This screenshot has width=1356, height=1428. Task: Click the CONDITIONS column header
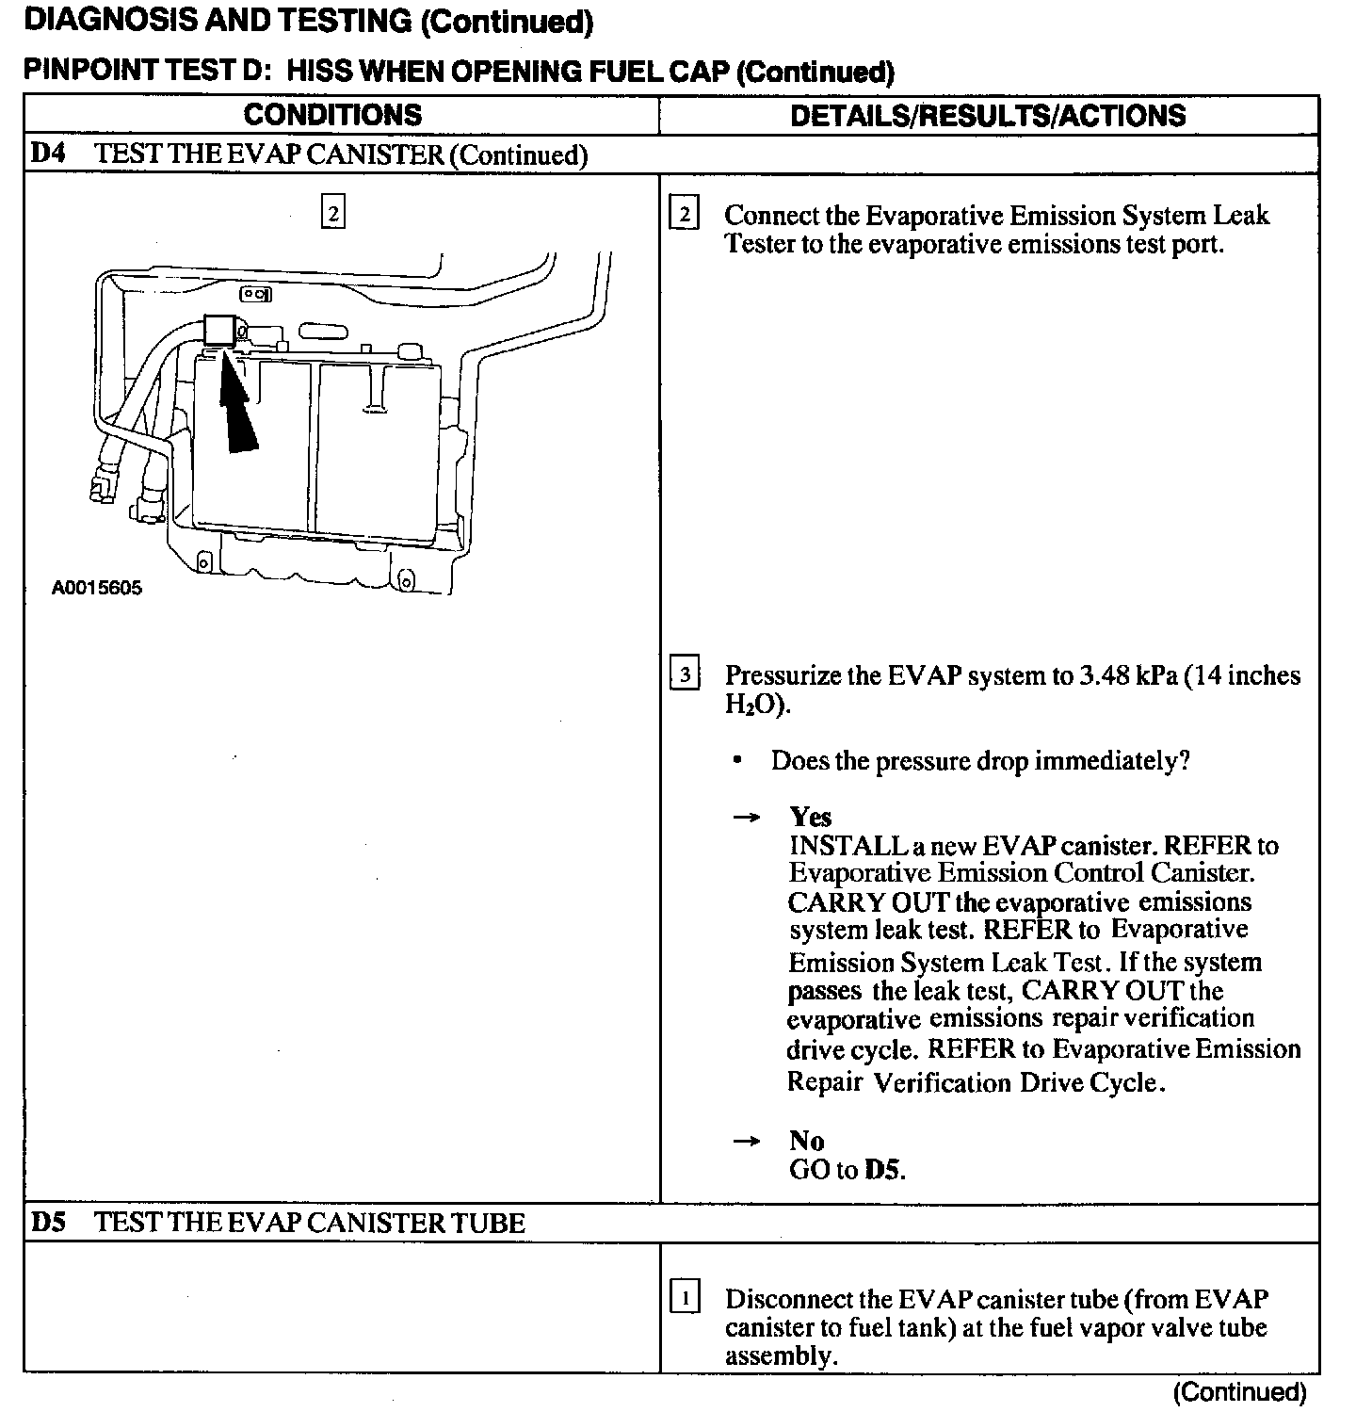tap(332, 115)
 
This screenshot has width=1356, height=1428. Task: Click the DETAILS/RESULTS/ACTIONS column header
tap(988, 115)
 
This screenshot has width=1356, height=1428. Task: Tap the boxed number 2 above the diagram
tap(333, 211)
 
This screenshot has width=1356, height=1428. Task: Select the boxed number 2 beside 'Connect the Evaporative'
tap(684, 214)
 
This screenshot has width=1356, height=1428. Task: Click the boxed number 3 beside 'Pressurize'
tap(685, 674)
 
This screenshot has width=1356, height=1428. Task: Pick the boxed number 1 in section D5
tap(685, 1298)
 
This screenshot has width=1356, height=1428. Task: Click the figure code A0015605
tap(97, 589)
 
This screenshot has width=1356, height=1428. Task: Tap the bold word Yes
tap(810, 817)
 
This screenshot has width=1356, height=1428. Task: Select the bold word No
tap(806, 1141)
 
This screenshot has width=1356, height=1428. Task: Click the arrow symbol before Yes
tap(746, 818)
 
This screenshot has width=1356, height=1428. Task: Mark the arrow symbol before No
tap(746, 1142)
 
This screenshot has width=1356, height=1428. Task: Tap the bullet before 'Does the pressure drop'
tap(737, 760)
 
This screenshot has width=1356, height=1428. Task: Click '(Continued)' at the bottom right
tap(1239, 1392)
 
